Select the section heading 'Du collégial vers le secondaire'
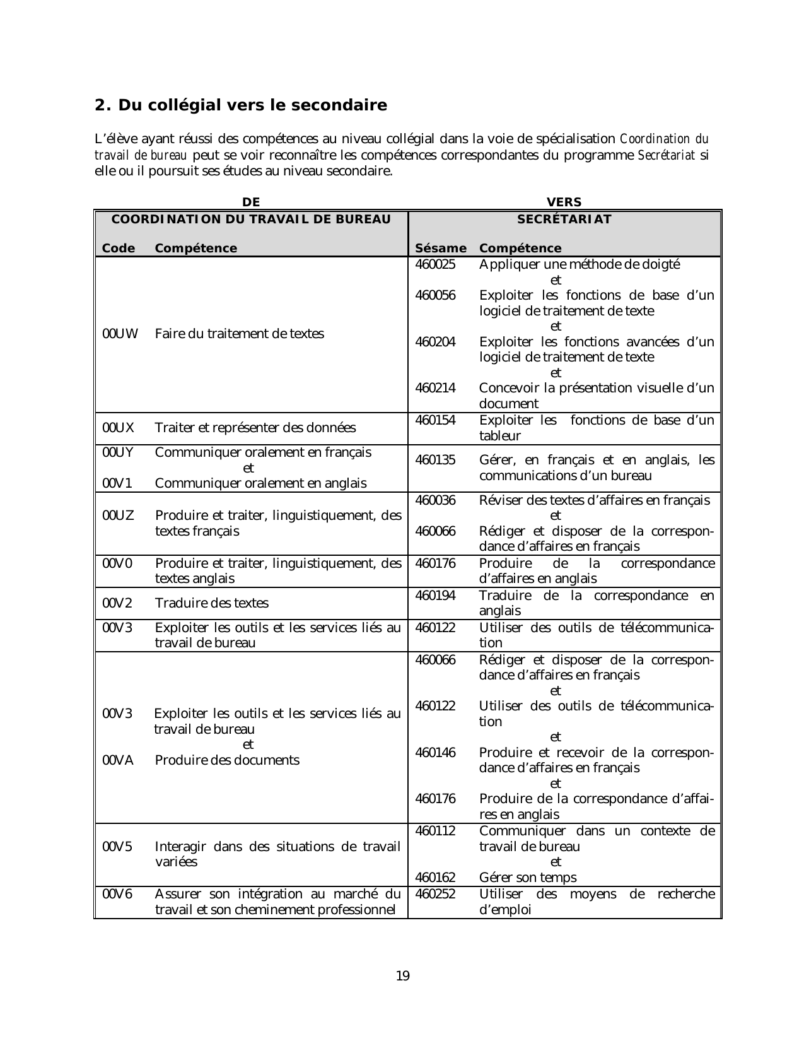coord(240,105)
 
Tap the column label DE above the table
coord(251,202)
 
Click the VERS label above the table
coord(564,202)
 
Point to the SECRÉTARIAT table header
coord(564,219)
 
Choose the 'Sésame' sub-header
coord(441,248)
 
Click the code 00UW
coord(120,334)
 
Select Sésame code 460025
coord(435,264)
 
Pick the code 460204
coord(435,342)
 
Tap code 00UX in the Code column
coord(118,428)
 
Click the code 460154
coord(435,420)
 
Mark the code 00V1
coord(117,483)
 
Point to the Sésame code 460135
coord(435,460)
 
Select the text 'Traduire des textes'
coord(212,603)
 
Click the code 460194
coord(435,596)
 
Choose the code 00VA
coord(118,760)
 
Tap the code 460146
coord(435,753)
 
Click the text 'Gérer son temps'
coord(528,878)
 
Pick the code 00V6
coord(117,894)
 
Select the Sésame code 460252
coord(435,894)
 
